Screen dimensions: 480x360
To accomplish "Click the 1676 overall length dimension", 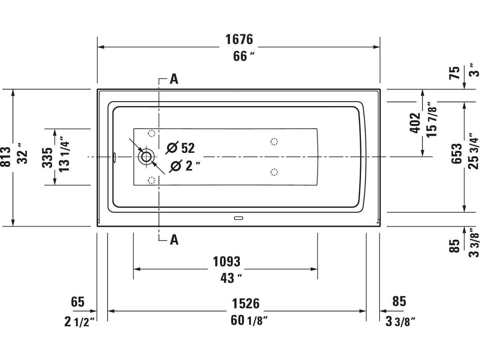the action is [x=239, y=39].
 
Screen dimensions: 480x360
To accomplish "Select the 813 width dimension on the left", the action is [x=5, y=157].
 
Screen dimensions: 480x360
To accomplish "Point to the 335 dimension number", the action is [x=47, y=158].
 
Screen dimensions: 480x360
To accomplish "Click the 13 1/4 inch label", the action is [x=64, y=154].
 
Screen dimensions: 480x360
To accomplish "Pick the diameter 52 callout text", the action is [x=180, y=148].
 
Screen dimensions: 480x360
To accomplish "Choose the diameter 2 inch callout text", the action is [x=185, y=166].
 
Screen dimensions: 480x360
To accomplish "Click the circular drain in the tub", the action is [x=146, y=157].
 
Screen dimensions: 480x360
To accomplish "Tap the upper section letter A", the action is [x=174, y=79].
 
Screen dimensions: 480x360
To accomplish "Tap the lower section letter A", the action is [x=174, y=240].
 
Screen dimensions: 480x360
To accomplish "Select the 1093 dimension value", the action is [x=227, y=262].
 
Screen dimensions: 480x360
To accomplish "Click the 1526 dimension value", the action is [x=246, y=304].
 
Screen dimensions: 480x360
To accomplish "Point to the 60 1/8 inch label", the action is [x=249, y=321].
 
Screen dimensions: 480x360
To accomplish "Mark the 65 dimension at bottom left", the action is [x=78, y=302].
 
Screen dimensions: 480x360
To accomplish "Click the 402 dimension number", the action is [x=415, y=123].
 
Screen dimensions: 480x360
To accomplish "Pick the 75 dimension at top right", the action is [x=454, y=73].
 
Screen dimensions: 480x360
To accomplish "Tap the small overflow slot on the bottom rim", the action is [x=238, y=218].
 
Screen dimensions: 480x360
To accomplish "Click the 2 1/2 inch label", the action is [x=80, y=322].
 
